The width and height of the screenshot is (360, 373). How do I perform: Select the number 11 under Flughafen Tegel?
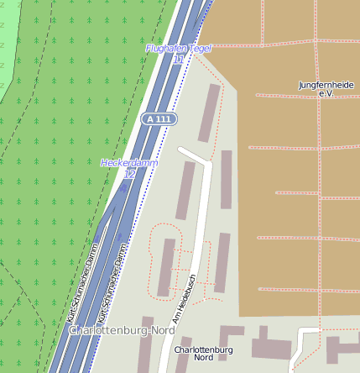click(x=178, y=60)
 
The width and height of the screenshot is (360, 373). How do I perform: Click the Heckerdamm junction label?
click(x=129, y=162)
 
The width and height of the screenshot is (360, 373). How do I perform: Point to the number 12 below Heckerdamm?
click(x=129, y=173)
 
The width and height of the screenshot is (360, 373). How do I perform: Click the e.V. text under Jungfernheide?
click(x=326, y=94)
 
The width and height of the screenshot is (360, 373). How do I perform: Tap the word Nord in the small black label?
click(x=204, y=357)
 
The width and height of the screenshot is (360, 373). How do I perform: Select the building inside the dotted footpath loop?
click(x=167, y=267)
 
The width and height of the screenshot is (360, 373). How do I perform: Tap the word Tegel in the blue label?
click(x=200, y=49)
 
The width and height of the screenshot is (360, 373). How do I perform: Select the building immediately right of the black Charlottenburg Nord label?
click(x=271, y=348)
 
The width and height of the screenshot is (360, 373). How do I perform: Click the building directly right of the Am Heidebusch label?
click(x=222, y=263)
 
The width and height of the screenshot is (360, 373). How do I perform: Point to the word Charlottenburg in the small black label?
click(x=203, y=349)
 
